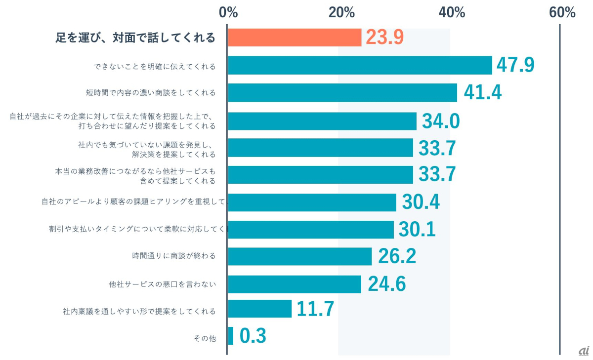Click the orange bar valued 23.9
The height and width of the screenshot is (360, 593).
pyautogui.click(x=295, y=38)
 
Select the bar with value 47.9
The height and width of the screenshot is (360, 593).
pyautogui.click(x=360, y=65)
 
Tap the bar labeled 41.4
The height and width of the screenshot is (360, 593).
pyautogui.click(x=342, y=92)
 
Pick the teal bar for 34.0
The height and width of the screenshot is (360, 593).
pyautogui.click(x=322, y=121)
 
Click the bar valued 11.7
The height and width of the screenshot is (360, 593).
pyautogui.click(x=260, y=309)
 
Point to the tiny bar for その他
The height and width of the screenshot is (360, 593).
pyautogui.click(x=231, y=336)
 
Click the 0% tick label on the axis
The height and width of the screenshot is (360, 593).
pyautogui.click(x=229, y=12)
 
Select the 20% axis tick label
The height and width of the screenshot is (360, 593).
pyautogui.click(x=341, y=12)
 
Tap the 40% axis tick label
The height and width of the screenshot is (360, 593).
pyautogui.click(x=452, y=12)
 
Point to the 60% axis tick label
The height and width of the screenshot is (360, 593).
pyautogui.click(x=562, y=12)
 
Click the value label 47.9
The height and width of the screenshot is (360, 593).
pyautogui.click(x=515, y=65)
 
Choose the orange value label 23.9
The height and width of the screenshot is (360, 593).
pyautogui.click(x=385, y=38)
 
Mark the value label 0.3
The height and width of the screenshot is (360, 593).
pyautogui.click(x=253, y=336)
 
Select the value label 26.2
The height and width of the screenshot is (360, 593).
pyautogui.click(x=397, y=256)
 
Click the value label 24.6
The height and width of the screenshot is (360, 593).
pyautogui.click(x=386, y=284)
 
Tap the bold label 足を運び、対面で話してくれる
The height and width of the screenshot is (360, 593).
pyautogui.click(x=135, y=38)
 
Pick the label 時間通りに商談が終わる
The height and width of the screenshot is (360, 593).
pyautogui.click(x=174, y=256)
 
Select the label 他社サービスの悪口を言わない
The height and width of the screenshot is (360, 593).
pyautogui.click(x=163, y=284)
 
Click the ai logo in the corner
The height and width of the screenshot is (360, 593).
pyautogui.click(x=584, y=351)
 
